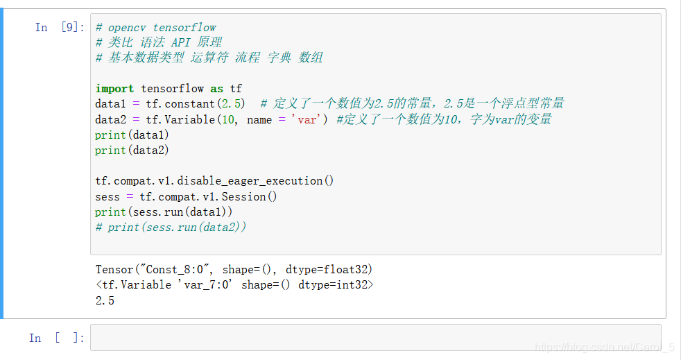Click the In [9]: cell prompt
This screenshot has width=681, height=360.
[x=59, y=28]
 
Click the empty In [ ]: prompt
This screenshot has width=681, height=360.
[x=56, y=338]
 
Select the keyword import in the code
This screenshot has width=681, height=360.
[x=114, y=89]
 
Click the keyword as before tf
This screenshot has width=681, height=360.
[x=217, y=89]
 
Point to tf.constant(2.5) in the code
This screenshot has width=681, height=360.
[x=195, y=104]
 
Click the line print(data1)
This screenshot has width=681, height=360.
[x=132, y=135]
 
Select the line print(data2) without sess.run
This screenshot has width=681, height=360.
[x=132, y=150]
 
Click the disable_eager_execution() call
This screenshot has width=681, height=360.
[x=255, y=181]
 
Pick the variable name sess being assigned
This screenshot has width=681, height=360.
[x=107, y=196]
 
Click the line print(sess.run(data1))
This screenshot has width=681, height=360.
[x=164, y=212]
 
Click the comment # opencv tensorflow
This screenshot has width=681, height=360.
[x=156, y=28]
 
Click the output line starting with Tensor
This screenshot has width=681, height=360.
[x=229, y=269]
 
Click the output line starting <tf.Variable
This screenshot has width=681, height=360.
[x=234, y=284]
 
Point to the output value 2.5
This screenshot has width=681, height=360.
[x=105, y=300]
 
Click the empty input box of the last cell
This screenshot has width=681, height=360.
[x=375, y=338]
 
